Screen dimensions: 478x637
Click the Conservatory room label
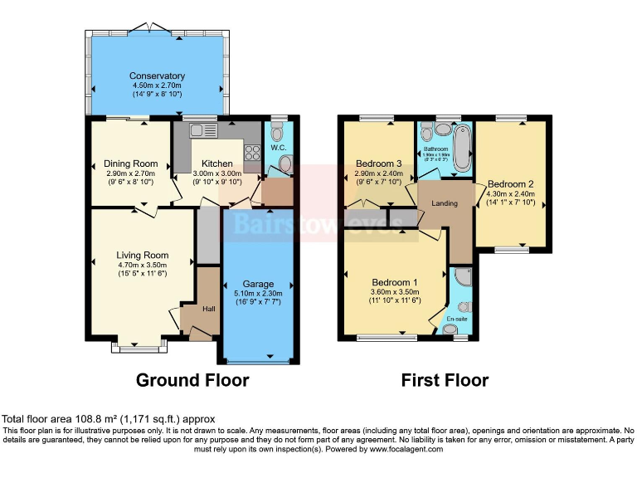point(157,76)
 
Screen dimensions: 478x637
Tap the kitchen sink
point(202,129)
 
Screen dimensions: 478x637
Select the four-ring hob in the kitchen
point(251,154)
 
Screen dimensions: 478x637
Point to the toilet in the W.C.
point(277,131)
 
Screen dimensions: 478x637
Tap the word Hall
point(208,309)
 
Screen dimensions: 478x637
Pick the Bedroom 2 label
point(510,183)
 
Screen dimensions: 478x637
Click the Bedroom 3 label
point(378,163)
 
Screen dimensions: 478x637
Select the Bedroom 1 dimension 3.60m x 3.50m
point(394,292)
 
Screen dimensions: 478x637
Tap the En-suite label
point(457,318)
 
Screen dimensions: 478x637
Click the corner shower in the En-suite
point(463,277)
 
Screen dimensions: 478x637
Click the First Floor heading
point(445,381)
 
